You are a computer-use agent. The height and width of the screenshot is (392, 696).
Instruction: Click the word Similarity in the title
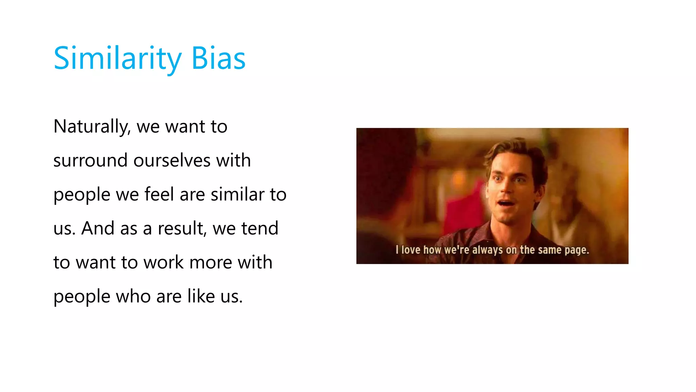[x=118, y=59]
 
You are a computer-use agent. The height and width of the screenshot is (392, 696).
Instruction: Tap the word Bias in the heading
[x=218, y=59]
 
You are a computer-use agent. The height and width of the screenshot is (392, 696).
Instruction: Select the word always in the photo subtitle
[x=487, y=250]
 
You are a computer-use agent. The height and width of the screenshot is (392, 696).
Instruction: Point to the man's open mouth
[x=506, y=205]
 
